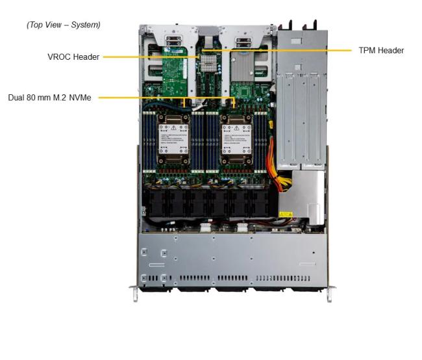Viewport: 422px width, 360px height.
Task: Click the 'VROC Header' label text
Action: tap(73, 57)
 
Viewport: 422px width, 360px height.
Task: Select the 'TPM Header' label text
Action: tap(381, 50)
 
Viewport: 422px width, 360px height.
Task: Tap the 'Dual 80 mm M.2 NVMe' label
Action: tap(49, 97)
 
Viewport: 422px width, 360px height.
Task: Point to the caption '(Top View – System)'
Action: tap(63, 25)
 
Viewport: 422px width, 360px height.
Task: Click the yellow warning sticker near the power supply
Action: tap(286, 214)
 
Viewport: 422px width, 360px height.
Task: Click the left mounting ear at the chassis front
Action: tap(134, 293)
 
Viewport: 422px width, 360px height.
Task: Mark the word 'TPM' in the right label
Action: tap(367, 50)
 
